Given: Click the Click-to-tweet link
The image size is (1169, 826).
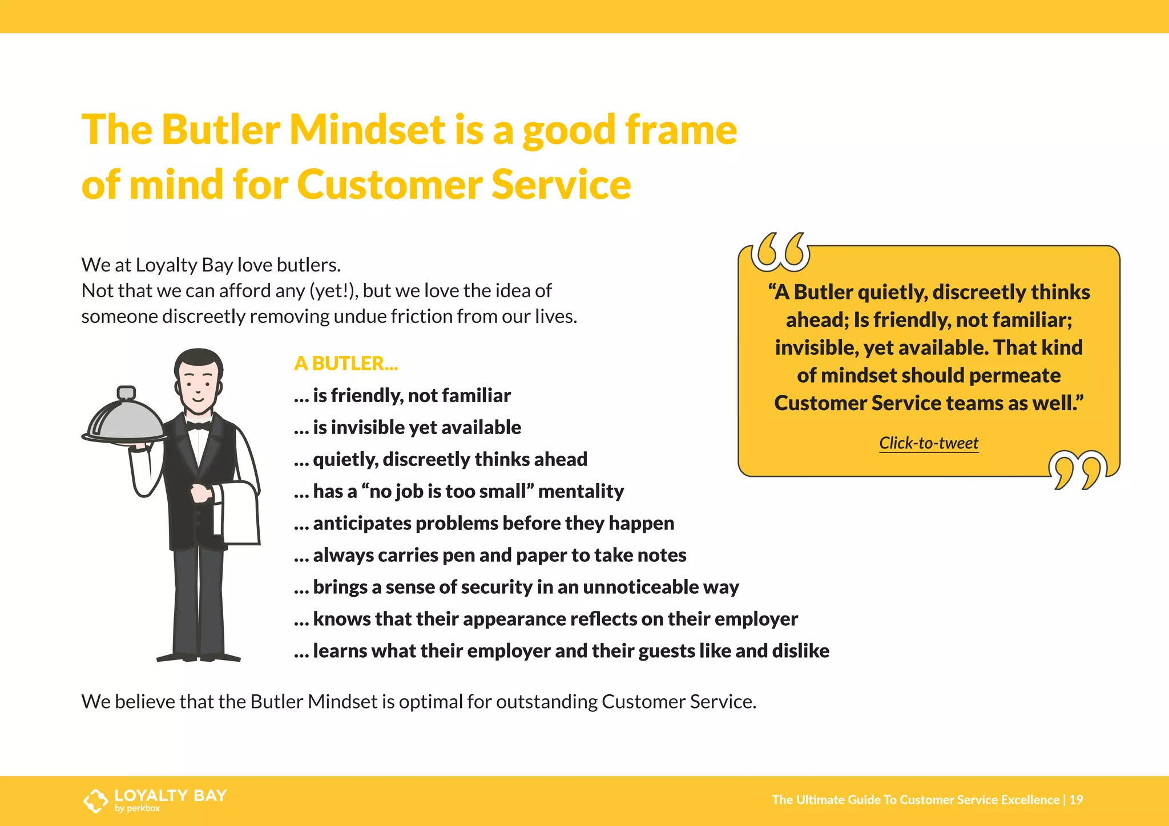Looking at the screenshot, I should pos(929,443).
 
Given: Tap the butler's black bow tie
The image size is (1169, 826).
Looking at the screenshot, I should pos(198,426).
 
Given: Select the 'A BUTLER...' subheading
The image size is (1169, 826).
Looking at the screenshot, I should pos(346,363).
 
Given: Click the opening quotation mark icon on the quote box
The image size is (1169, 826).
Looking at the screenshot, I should pos(780,252).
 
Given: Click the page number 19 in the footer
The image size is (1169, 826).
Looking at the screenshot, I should pos(1076,800).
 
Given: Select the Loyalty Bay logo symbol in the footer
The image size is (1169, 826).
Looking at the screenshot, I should pos(95,800).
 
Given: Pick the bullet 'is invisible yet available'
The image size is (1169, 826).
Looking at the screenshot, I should pos(408,427).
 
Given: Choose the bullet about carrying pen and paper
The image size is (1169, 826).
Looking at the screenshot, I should pos(490,555).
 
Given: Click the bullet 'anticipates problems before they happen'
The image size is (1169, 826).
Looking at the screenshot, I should pos(484,523).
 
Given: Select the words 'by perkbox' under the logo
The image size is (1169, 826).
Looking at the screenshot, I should pos(137,808).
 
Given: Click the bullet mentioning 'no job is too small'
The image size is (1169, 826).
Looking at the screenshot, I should pos(459,491).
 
